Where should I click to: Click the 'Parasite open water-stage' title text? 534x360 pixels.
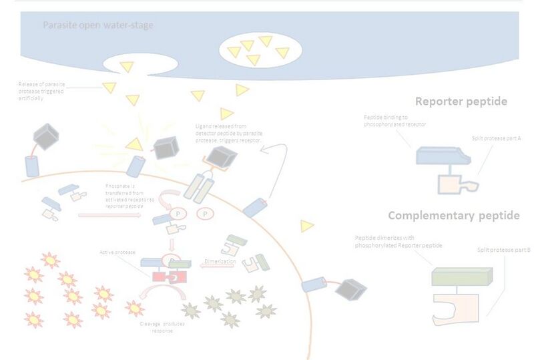pos(98,26)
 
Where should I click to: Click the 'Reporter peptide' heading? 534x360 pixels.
pos(461,102)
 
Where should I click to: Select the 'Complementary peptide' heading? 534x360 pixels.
pos(453,216)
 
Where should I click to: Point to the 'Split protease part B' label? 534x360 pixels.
pos(504,249)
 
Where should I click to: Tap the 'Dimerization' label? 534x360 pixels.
pos(220,262)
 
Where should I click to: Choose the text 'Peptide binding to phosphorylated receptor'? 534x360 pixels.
pos(395,120)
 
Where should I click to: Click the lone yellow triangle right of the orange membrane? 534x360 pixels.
pos(307,226)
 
